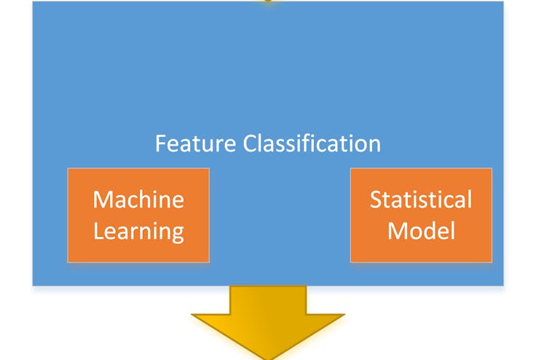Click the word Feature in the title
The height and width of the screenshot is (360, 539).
tap(195, 144)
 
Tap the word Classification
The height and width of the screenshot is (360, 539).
tap(312, 144)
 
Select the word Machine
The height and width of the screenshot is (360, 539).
tap(138, 200)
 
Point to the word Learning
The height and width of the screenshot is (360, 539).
tap(138, 232)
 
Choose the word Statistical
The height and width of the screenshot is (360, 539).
tap(421, 200)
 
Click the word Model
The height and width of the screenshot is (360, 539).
tap(422, 231)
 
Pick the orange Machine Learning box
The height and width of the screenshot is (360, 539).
tap(138, 215)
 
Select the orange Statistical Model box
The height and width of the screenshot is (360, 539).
tap(421, 215)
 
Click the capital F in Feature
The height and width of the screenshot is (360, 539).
tap(160, 144)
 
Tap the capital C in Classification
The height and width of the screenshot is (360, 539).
tap(250, 144)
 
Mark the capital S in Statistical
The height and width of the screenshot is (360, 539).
tap(376, 200)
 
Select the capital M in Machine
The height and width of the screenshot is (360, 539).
tap(103, 200)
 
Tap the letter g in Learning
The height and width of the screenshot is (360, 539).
tap(178, 234)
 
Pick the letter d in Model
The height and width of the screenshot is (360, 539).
tap(433, 231)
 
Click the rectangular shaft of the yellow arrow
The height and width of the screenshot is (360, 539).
tap(268, 300)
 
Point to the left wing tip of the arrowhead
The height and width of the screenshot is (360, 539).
tap(192, 314)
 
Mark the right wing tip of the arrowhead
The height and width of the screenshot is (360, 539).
tap(345, 314)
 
